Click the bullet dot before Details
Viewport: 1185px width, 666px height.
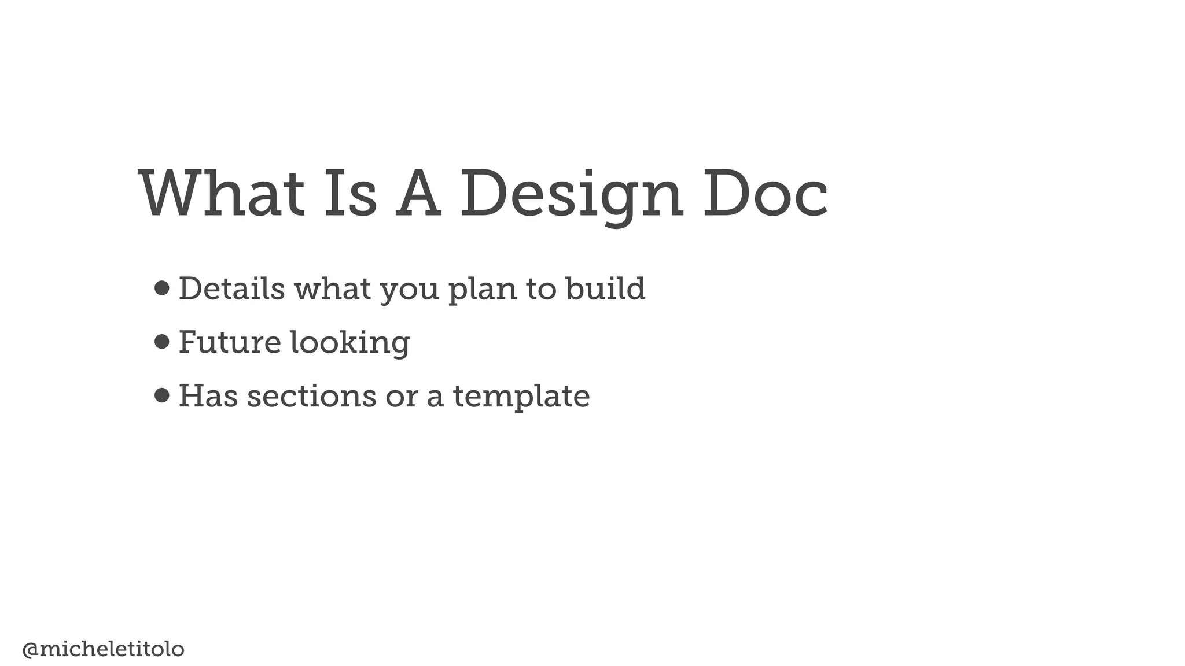(162, 288)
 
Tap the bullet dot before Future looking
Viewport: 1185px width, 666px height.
(162, 342)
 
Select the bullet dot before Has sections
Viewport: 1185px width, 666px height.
(162, 395)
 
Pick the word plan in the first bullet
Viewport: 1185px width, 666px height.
(483, 289)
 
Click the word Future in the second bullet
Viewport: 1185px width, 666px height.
(230, 342)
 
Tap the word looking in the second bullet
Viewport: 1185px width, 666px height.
(349, 343)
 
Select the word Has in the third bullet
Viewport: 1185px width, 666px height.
(208, 396)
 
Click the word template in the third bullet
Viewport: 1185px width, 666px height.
(521, 397)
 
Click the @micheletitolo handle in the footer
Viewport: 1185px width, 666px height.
(103, 649)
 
